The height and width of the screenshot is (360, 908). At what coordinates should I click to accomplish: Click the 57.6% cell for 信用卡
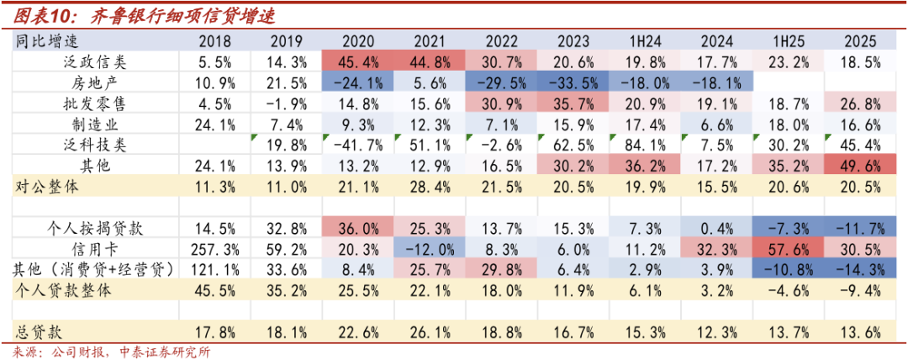[x=787, y=249]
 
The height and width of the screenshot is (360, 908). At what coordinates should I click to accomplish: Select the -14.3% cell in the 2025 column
[x=859, y=269]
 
